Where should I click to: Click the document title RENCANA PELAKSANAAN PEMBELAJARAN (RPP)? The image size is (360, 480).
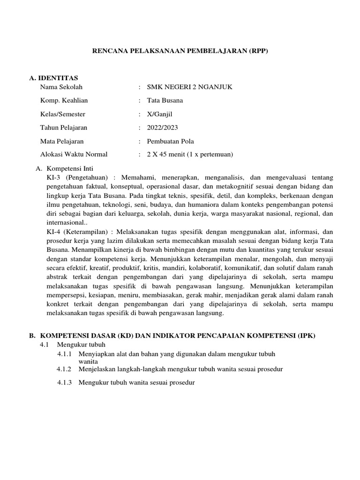(180, 51)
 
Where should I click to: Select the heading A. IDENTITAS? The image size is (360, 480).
(54, 78)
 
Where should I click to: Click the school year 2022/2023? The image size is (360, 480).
(162, 127)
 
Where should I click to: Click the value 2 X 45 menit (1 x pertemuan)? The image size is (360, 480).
(190, 154)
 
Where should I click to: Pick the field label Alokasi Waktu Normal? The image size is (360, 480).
(74, 154)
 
